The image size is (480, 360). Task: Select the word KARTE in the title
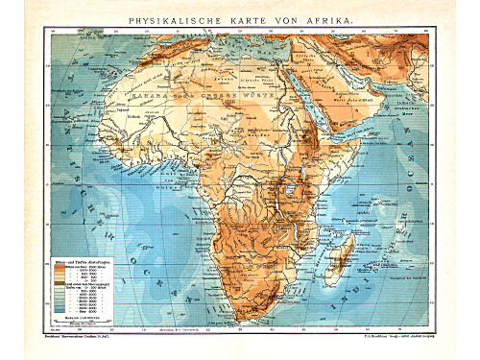tap(248, 19)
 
